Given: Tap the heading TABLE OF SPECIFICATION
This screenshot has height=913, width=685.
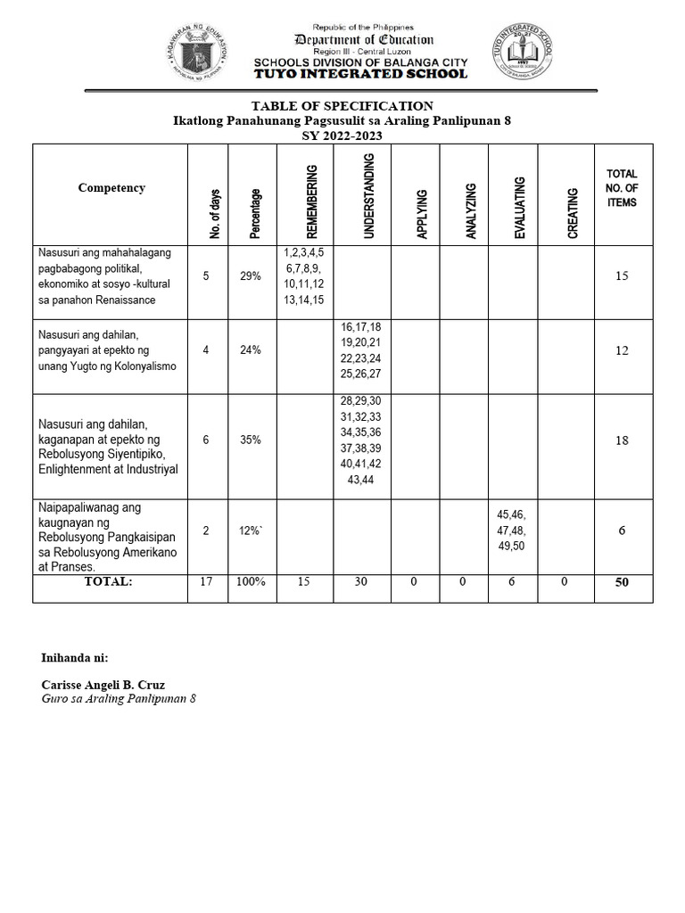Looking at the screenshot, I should click(342, 106).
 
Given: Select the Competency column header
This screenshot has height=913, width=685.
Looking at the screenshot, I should click(111, 188).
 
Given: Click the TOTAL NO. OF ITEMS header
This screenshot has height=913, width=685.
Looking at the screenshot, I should click(622, 188).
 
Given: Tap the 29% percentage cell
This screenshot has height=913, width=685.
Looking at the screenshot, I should click(250, 276).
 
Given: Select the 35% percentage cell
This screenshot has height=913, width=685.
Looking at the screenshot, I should click(250, 440).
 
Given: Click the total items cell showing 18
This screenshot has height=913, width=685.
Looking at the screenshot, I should click(622, 440).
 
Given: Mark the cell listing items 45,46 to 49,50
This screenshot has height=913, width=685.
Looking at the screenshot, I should click(513, 530).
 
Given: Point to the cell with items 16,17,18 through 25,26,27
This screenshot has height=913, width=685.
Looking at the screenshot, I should click(361, 350).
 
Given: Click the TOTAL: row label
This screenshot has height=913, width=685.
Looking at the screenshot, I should click(109, 581).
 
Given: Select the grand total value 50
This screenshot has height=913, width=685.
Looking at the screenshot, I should click(622, 582).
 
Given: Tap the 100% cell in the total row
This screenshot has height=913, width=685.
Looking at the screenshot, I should click(250, 581).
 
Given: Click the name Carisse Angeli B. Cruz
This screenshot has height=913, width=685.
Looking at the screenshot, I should click(103, 685).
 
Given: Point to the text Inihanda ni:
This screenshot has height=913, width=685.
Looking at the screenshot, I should click(75, 658).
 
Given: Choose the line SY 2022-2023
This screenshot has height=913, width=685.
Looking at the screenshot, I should click(342, 135).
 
